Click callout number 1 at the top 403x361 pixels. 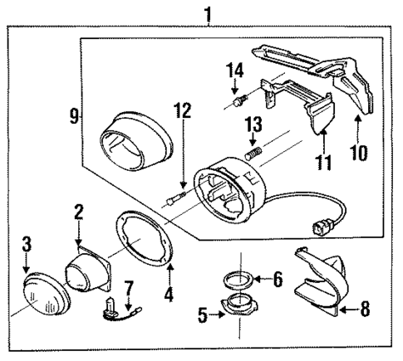[x=207, y=13]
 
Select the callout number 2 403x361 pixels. [x=77, y=213]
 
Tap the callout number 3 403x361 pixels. [x=27, y=244]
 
